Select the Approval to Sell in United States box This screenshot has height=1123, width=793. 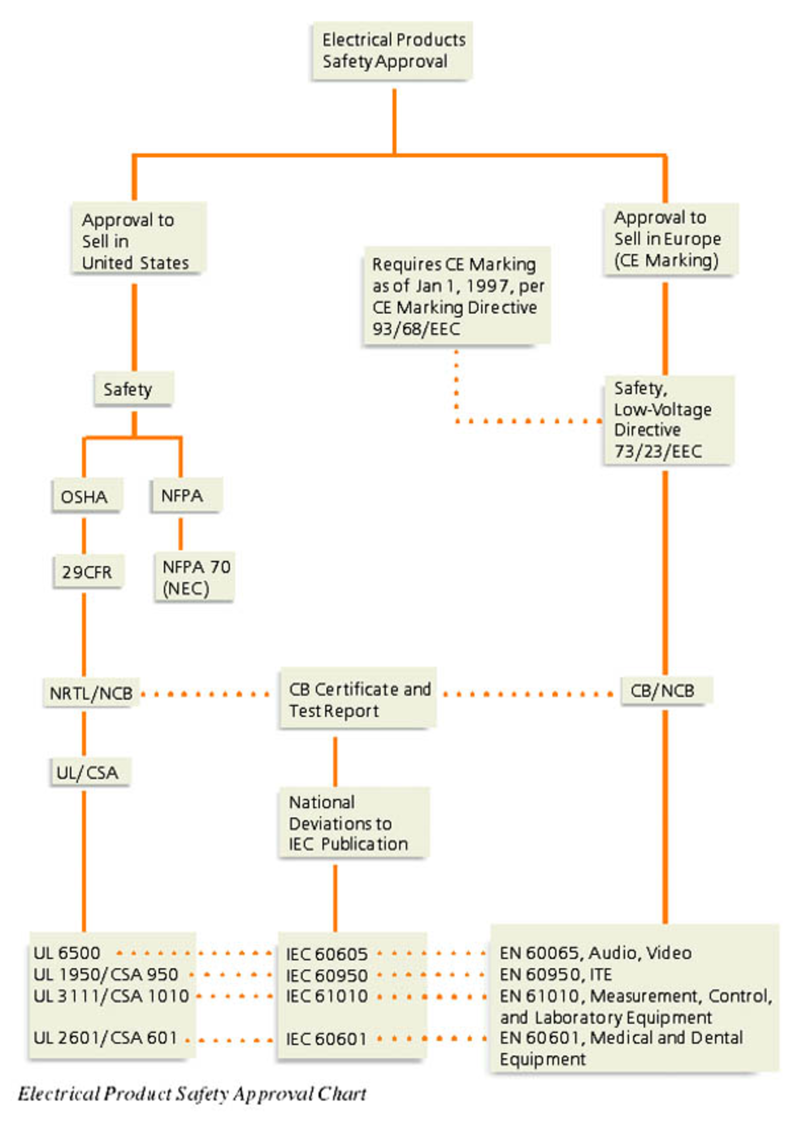[x=139, y=238]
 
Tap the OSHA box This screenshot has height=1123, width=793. [x=87, y=496]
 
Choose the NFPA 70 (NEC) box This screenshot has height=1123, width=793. [x=195, y=577]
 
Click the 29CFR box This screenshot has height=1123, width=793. [x=88, y=571]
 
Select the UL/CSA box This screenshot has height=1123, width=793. [x=90, y=773]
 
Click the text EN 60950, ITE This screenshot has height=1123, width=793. [x=556, y=974]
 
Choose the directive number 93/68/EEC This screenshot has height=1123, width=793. [x=416, y=329]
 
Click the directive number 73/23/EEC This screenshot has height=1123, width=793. [x=658, y=451]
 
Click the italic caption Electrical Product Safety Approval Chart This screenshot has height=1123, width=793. [x=192, y=1094]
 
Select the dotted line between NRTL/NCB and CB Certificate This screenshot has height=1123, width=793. [x=205, y=694]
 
